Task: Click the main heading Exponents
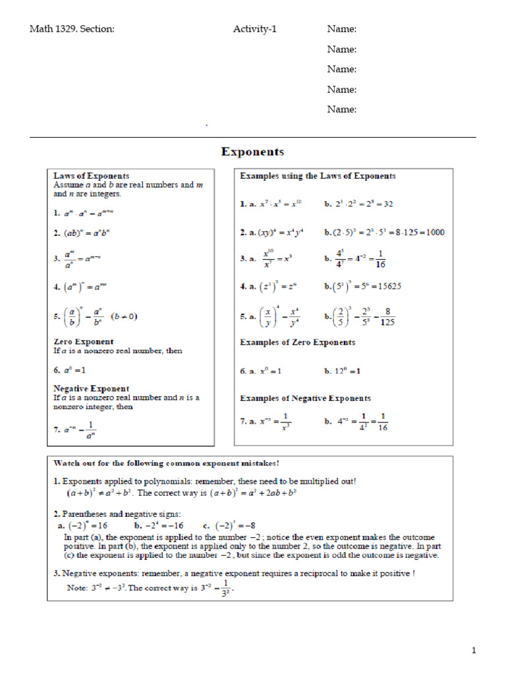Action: pyautogui.click(x=252, y=152)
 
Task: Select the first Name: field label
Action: pyautogui.click(x=342, y=29)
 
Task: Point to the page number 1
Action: pyautogui.click(x=473, y=651)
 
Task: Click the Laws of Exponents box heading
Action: pyautogui.click(x=91, y=176)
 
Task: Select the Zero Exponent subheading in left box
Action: pyautogui.click(x=83, y=341)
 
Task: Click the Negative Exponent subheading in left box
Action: pyautogui.click(x=91, y=388)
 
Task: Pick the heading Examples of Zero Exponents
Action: pyautogui.click(x=297, y=342)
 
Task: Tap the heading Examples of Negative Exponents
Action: pyautogui.click(x=305, y=398)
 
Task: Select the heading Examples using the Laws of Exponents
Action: pyautogui.click(x=318, y=176)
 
